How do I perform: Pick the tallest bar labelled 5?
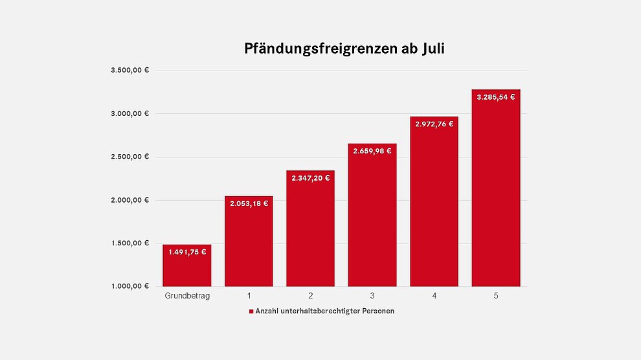tap(496, 194)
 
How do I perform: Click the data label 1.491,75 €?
tap(187, 253)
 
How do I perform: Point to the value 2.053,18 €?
tap(249, 203)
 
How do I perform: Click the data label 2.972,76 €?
tap(434, 124)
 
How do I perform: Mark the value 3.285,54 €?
tap(496, 97)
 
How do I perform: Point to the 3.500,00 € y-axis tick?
tap(130, 71)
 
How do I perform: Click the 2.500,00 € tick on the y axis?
tap(130, 157)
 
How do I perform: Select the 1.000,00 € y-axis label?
tap(130, 286)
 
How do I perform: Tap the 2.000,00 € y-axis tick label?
tap(130, 200)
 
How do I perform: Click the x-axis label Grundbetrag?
tap(187, 296)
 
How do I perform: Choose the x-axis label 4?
tap(434, 296)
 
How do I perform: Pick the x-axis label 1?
tap(249, 296)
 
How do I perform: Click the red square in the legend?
tap(251, 311)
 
